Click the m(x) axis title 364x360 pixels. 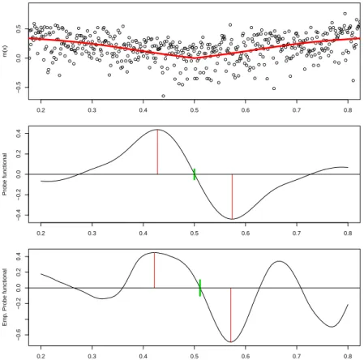[x=5, y=51]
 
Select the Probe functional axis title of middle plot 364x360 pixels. [x=4, y=174]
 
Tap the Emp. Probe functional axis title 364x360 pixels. [x=4, y=297]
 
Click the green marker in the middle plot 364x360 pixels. [x=195, y=174]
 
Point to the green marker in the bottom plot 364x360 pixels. [x=200, y=288]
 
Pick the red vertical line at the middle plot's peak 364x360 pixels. [x=157, y=152]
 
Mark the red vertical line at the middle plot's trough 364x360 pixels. [x=232, y=196]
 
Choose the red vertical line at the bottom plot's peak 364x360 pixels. [x=154, y=270]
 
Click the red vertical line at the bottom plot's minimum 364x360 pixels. [x=230, y=315]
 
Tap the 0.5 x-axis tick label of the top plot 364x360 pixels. [x=195, y=110]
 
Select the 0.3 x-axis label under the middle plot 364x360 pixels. [x=92, y=233]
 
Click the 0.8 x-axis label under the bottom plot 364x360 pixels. [x=348, y=356]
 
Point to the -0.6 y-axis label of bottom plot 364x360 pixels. [x=19, y=335]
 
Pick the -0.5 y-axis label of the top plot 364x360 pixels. [x=19, y=88]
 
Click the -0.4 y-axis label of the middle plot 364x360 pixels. [x=19, y=216]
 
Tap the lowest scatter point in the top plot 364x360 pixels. [x=163, y=96]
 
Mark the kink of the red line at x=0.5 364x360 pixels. [x=195, y=58]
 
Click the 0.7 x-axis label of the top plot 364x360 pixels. [x=297, y=110]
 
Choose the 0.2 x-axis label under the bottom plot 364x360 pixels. [x=41, y=356]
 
